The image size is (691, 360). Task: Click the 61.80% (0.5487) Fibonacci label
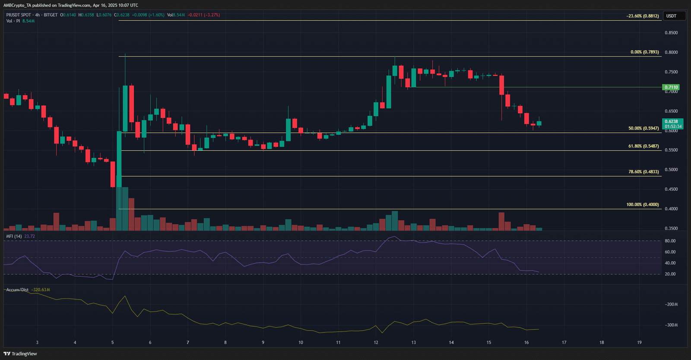[643, 146]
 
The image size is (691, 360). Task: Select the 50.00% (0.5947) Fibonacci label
[643, 128]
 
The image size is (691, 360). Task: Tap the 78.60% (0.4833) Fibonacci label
[643, 172]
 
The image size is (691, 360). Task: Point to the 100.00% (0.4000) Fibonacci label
[643, 204]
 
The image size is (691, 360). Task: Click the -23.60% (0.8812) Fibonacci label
[643, 16]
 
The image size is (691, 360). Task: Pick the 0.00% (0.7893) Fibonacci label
[644, 52]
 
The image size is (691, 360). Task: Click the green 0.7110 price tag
[671, 87]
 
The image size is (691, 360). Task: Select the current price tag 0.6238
[671, 122]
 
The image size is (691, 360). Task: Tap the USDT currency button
[672, 16]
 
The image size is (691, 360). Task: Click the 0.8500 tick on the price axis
[671, 33]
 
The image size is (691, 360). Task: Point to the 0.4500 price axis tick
[671, 189]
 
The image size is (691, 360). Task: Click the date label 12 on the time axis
[376, 343]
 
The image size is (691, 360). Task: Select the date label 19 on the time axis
[639, 343]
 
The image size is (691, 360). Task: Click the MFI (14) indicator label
[14, 236]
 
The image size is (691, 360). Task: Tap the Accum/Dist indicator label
[17, 290]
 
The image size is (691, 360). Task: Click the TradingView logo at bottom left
[20, 354]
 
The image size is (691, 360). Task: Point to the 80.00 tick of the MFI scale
[670, 241]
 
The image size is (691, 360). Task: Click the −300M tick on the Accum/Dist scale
[671, 325]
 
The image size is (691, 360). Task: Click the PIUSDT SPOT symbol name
[19, 15]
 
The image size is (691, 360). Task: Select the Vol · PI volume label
[13, 21]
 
